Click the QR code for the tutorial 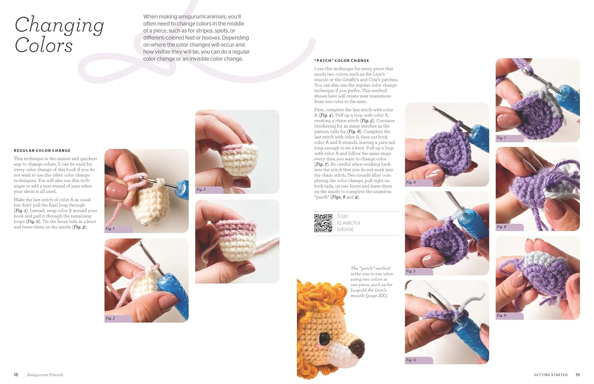[323, 223]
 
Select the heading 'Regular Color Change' [42, 150]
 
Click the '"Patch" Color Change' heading [341, 61]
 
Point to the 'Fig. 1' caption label [110, 229]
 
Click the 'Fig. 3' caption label [201, 190]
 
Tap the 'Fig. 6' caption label [411, 360]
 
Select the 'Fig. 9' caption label [502, 316]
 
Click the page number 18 [16, 374]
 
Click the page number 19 [577, 374]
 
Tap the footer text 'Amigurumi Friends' [45, 374]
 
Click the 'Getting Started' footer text [550, 374]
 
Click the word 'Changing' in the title [59, 26]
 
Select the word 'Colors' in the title [44, 46]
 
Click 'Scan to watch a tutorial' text [348, 222]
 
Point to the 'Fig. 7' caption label [502, 138]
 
